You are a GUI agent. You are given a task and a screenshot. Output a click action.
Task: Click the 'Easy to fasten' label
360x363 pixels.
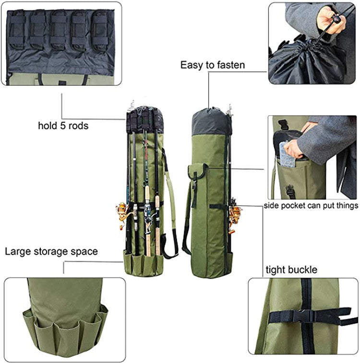pos(213,65)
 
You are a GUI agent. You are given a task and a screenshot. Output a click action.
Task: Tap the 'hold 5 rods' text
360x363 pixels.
pos(63,126)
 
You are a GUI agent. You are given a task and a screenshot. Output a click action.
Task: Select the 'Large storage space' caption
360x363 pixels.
pos(51,251)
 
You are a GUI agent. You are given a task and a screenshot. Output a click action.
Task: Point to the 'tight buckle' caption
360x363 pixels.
pos(291,269)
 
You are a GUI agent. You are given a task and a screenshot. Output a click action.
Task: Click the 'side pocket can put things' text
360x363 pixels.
pos(311,206)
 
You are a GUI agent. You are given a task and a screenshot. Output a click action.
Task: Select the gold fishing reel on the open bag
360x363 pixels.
pos(123,211)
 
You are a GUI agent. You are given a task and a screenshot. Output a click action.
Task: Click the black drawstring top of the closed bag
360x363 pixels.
pos(211,122)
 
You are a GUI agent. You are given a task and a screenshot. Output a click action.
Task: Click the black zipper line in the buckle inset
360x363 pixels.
pos(307,297)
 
